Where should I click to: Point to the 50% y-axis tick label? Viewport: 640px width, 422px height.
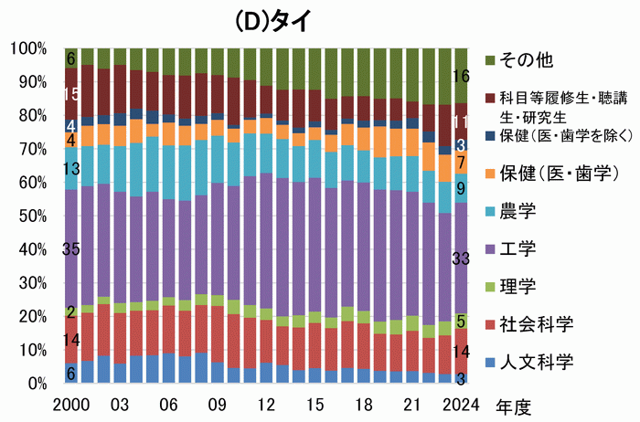click(x=32, y=216)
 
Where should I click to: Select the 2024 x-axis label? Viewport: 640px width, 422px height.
click(x=462, y=403)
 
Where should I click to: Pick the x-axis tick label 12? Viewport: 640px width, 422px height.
click(x=266, y=403)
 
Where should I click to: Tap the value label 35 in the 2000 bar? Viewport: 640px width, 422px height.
click(x=71, y=249)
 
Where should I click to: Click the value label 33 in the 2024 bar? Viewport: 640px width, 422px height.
click(x=462, y=258)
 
